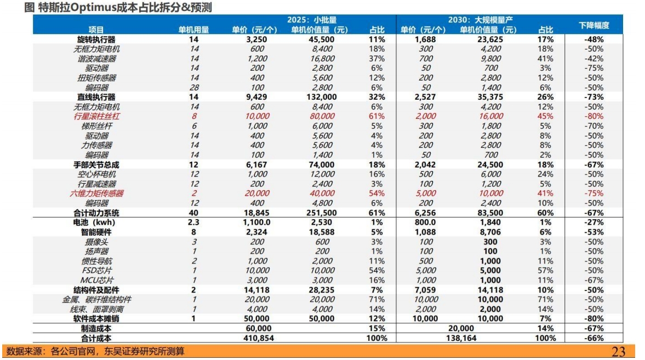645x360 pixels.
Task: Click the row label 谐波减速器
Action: (x=96, y=59)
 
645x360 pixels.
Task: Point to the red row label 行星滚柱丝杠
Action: (x=96, y=116)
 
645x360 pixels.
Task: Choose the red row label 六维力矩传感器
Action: (x=96, y=193)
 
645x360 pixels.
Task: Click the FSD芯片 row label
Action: (x=96, y=270)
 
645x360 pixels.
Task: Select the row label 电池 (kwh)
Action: (x=96, y=222)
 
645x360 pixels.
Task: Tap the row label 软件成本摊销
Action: (x=96, y=318)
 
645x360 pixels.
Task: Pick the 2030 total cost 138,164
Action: (x=461, y=338)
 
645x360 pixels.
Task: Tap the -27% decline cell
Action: (x=593, y=222)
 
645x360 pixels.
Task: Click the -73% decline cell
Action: (x=593, y=97)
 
